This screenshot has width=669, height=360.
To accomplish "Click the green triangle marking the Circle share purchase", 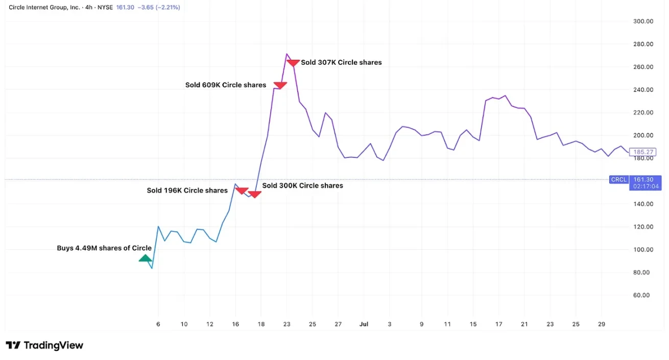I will [146, 258].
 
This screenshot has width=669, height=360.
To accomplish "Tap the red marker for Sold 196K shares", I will [242, 191].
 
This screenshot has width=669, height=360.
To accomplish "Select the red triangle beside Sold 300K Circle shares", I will [254, 194].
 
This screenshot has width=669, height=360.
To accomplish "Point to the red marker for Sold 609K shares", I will [280, 85].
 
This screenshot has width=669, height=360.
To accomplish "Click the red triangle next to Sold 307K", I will [293, 63].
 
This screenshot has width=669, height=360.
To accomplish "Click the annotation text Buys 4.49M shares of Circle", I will [104, 248].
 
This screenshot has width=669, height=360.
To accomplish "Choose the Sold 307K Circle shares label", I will [341, 62].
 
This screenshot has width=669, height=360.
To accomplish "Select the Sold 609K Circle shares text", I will [226, 85].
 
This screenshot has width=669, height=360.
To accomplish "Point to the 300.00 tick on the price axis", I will [643, 21].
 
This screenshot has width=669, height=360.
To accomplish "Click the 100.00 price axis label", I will [643, 250].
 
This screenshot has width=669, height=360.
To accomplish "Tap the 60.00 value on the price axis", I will [643, 295].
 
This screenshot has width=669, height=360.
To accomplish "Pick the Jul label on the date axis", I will [364, 324].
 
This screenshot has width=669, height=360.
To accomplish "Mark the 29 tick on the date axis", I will [602, 324].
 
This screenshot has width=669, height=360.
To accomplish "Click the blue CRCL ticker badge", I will [619, 180].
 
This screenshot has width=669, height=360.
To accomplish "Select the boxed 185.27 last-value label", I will [643, 152].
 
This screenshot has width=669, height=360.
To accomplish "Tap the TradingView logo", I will [44, 346].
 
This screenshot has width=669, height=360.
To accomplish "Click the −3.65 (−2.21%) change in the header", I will [159, 8].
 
